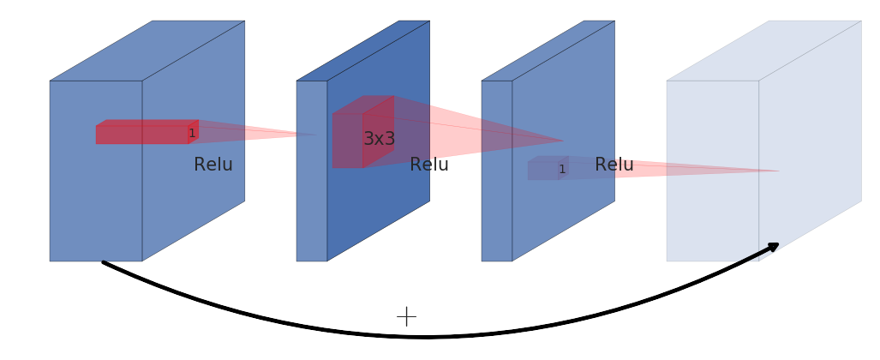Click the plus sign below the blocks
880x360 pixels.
point(406,316)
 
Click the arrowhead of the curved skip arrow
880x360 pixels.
point(774,247)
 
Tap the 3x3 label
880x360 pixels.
point(380,139)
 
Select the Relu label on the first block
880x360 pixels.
point(213,165)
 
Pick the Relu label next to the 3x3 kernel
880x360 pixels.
point(429,165)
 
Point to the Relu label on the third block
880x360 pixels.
point(614,165)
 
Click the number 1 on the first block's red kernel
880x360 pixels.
point(192,133)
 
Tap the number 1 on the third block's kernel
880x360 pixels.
point(562,169)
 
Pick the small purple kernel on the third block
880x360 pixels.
point(545,169)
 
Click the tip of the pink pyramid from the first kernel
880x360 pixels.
point(314,134)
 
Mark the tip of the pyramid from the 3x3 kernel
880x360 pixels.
point(563,141)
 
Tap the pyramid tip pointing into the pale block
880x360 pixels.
point(778,171)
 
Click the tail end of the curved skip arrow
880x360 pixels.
point(104,262)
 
